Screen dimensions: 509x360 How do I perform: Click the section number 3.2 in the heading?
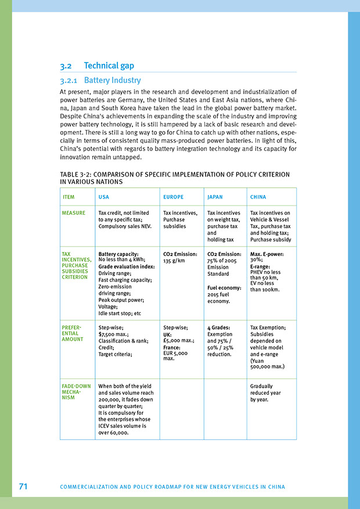coord(66,66)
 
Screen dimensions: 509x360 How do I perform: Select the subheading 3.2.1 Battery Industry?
coord(100,80)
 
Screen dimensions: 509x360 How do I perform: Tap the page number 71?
coord(23,486)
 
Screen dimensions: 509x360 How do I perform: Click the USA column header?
coord(104,197)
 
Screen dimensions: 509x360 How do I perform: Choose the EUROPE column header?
coord(173,197)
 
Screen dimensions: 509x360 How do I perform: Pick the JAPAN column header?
coord(215,197)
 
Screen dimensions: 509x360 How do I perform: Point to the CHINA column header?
coord(258,197)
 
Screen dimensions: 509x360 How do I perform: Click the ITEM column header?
coord(68,197)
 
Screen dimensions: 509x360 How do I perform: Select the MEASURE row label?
coord(74,213)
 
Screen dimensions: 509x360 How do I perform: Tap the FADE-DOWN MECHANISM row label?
coord(75,392)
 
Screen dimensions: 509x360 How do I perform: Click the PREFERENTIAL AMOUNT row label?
coord(73,334)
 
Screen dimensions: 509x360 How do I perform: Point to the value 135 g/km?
coord(174,261)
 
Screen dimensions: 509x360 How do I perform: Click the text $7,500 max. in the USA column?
coord(113,334)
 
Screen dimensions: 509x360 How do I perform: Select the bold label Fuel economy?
coord(224,288)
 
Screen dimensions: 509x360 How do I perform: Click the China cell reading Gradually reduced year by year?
coord(265,393)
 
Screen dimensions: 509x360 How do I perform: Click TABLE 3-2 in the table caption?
coord(77,174)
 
